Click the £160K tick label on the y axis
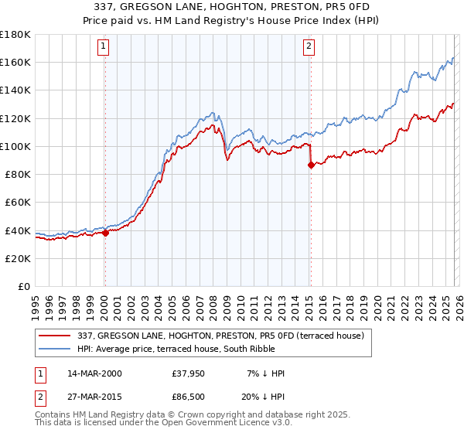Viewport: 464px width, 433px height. pos(15,62)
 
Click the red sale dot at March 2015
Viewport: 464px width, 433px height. pos(310,165)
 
